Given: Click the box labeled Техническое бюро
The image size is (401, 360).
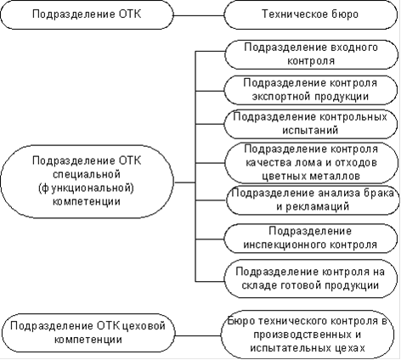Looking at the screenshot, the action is click(x=311, y=14).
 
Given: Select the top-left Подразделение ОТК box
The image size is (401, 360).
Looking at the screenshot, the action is click(x=87, y=14).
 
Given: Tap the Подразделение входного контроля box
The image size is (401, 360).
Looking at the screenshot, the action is click(x=311, y=54).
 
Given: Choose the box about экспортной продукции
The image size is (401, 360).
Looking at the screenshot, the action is click(x=311, y=90).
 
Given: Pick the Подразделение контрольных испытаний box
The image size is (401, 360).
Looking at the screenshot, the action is click(x=311, y=124).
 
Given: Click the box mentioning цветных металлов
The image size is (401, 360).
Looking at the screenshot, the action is click(x=311, y=163).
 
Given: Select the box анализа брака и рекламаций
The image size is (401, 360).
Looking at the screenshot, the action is click(x=313, y=200).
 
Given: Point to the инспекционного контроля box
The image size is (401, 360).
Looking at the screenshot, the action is click(x=311, y=239).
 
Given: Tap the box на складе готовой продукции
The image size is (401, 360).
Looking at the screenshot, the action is click(x=311, y=278).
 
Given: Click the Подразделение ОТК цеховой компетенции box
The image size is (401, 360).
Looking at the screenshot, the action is click(x=88, y=333).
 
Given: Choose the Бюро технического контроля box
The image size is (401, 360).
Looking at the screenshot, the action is click(x=308, y=335).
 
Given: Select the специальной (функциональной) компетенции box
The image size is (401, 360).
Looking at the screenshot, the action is click(x=87, y=182).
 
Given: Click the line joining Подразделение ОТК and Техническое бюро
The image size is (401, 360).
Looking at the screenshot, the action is click(x=199, y=15).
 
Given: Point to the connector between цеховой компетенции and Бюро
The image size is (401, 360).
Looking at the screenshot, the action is click(x=198, y=336).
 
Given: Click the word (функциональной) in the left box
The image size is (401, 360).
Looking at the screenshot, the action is click(x=86, y=188).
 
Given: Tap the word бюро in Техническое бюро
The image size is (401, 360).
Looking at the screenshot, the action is click(x=343, y=14).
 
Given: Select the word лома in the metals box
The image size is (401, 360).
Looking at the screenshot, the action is click(x=301, y=163).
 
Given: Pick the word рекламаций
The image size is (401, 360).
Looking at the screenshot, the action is click(x=317, y=207).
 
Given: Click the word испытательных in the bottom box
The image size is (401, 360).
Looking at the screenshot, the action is click(x=293, y=348).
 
